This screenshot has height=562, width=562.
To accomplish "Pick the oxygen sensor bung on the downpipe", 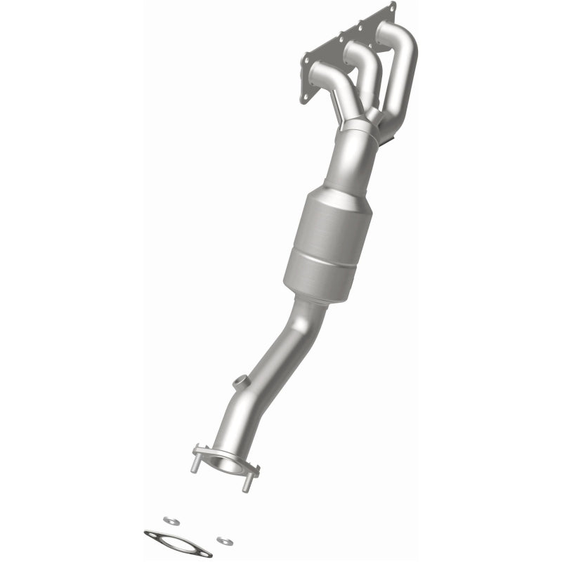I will pyautogui.click(x=239, y=384).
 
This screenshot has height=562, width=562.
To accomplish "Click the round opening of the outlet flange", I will pyautogui.click(x=226, y=464).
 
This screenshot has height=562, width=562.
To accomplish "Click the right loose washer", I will pyautogui.click(x=223, y=540).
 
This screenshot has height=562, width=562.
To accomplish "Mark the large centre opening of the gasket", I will pyautogui.click(x=178, y=543).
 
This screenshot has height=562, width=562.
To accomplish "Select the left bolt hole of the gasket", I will pyautogui.click(x=150, y=535).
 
